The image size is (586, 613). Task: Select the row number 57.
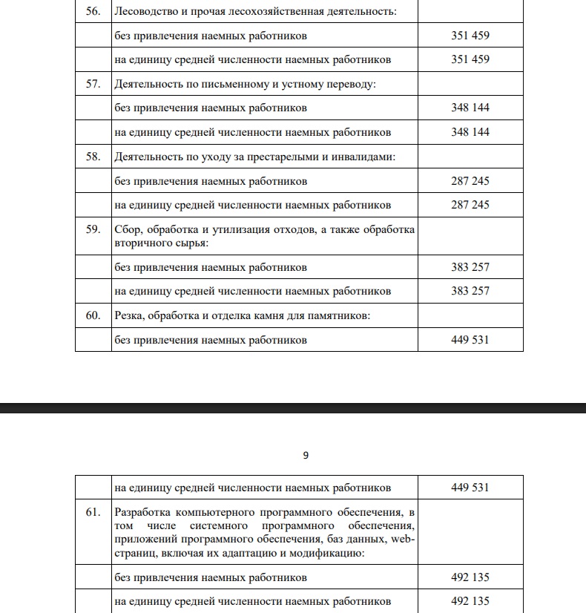93,84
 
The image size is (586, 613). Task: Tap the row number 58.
93,157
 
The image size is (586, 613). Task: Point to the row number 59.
93,229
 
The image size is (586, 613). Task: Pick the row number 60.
93,315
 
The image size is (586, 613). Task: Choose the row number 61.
93,512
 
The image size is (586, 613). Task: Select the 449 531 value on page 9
470,488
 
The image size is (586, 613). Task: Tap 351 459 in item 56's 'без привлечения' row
470,36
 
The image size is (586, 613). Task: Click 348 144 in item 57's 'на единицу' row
470,132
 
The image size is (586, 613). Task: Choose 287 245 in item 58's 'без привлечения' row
470,181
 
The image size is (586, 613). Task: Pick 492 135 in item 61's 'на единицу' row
470,601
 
